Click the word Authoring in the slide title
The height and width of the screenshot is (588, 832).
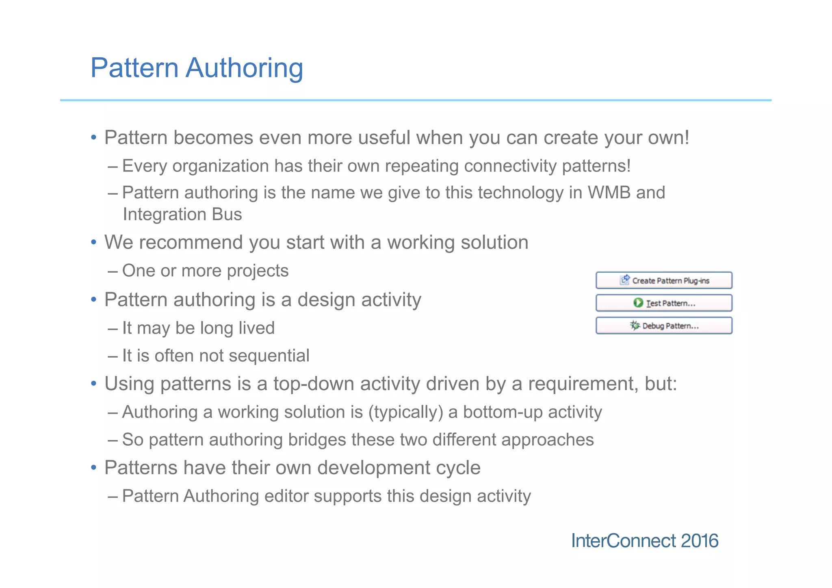[244, 68]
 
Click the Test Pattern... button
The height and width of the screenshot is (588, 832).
[664, 303]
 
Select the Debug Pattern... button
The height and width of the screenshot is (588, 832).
[664, 326]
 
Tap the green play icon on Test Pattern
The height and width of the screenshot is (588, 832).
[638, 303]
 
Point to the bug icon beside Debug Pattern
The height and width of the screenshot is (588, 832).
[635, 325]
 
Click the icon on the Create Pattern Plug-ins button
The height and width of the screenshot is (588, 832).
[625, 280]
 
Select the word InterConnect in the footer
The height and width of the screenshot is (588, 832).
[623, 541]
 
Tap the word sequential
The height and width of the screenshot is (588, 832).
[269, 356]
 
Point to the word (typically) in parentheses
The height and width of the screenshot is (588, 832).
[405, 412]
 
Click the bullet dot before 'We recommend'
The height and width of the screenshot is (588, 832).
[94, 243]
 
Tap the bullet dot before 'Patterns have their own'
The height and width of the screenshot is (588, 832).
[94, 468]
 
